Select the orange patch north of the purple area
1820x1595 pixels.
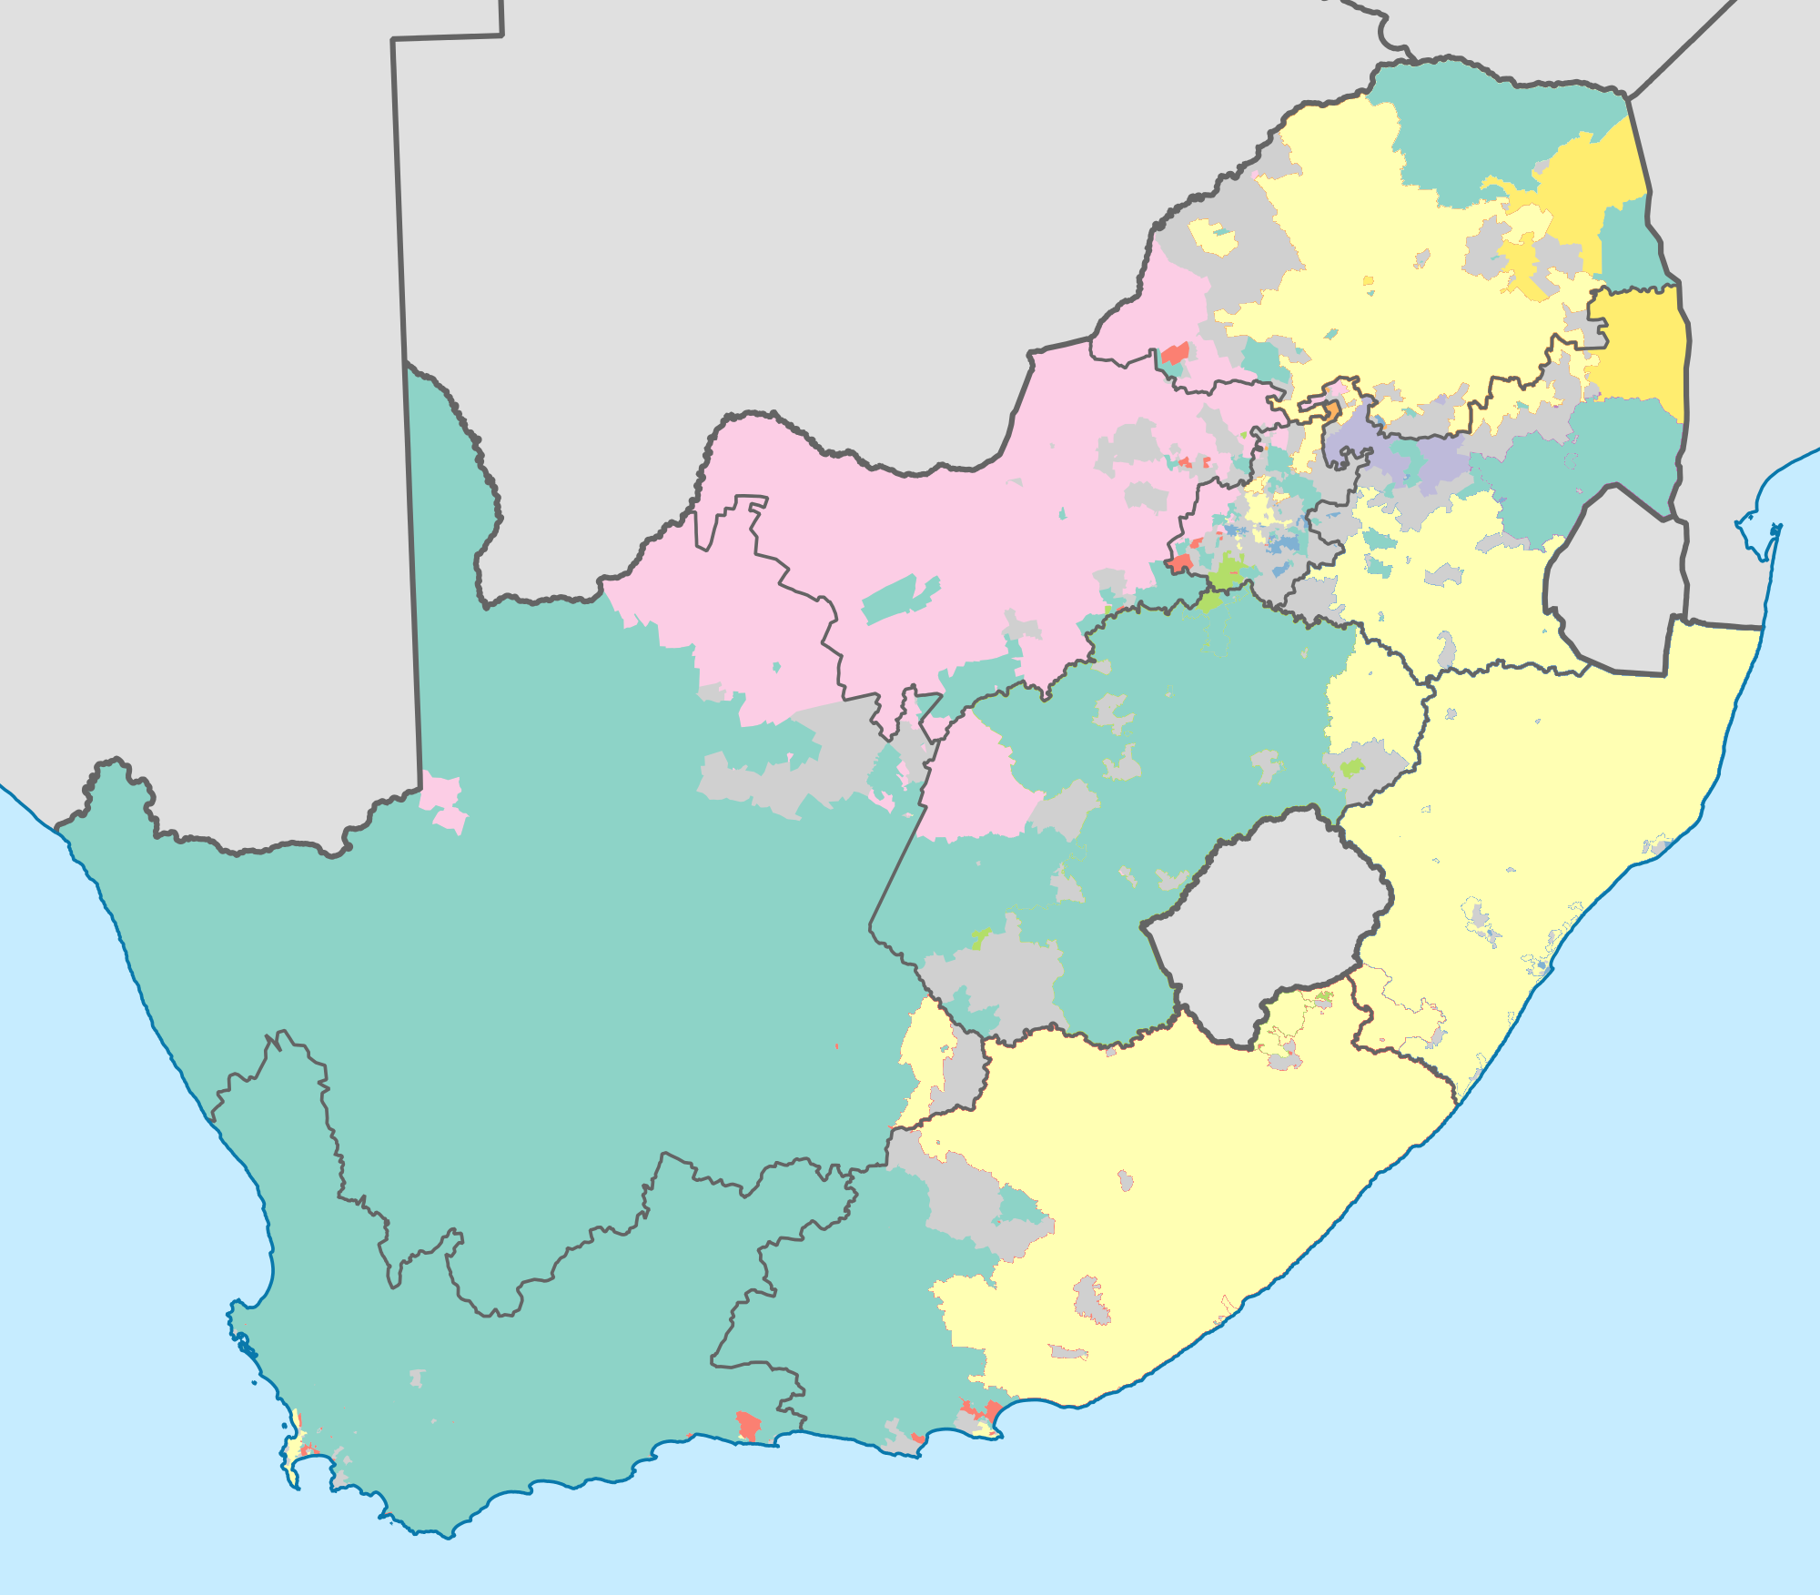click(x=1330, y=411)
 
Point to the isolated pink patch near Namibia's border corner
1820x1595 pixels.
click(x=444, y=801)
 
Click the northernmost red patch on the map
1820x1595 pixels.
click(x=1175, y=353)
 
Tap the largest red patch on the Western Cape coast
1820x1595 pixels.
click(x=748, y=1425)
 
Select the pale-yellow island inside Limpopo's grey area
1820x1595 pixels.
click(x=1214, y=238)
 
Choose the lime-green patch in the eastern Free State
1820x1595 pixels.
click(x=1352, y=766)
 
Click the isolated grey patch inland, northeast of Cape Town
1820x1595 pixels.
click(x=417, y=1378)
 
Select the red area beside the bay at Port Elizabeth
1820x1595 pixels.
click(x=981, y=1413)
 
